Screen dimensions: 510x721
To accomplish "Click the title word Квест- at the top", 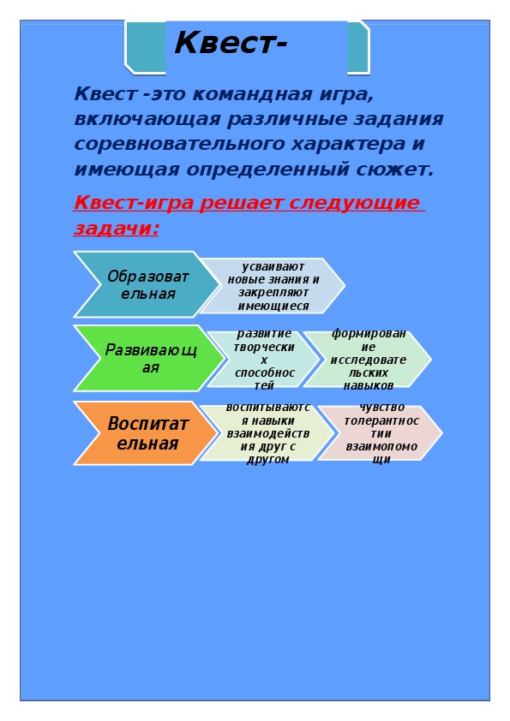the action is (231, 43).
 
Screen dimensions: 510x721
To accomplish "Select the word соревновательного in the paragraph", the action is (180, 144).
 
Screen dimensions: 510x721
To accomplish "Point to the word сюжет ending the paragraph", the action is (394, 170).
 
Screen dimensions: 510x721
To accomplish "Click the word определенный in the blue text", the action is (268, 170).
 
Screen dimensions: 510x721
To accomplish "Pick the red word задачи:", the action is (117, 228).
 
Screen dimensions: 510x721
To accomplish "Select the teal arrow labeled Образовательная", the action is (147, 284).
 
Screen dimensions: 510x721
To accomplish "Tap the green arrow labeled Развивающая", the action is (148, 358).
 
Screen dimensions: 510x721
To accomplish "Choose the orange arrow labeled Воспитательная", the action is (146, 433).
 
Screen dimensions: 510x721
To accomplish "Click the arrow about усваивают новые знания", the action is (273, 286).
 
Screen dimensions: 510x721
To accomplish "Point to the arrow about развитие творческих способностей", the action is (263, 359).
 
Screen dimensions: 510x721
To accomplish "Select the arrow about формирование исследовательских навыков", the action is (368, 359).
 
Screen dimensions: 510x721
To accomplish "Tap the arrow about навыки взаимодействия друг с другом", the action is (267, 433).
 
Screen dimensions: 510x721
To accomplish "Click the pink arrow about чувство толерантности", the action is (381, 433).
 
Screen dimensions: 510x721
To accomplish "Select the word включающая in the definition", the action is (147, 119).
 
